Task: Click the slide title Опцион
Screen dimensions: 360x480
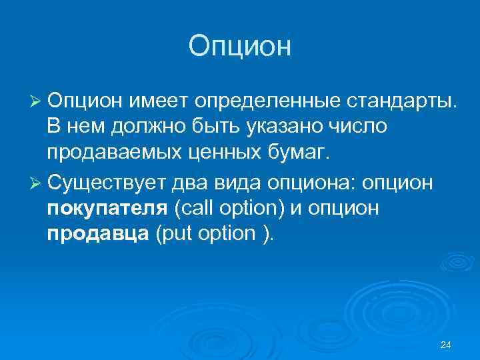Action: [x=240, y=47]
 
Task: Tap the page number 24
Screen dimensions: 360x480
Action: [x=446, y=344]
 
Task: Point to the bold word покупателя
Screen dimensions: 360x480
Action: [x=107, y=209]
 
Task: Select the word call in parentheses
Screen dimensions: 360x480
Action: [x=193, y=209]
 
